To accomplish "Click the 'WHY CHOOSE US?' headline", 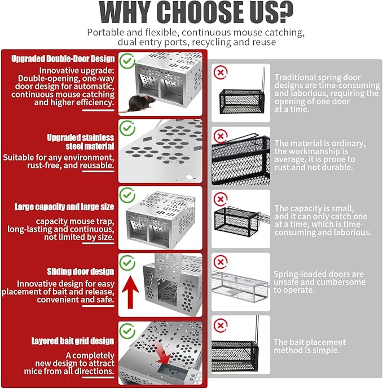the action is [x=196, y=12].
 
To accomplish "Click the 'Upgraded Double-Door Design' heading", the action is [x=63, y=59].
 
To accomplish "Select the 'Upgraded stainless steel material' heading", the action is [x=81, y=142].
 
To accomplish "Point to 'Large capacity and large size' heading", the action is [x=64, y=207].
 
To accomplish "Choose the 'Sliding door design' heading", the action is [x=80, y=271].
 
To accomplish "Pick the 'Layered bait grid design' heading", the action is [x=73, y=341].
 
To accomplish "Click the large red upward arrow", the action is [x=130, y=292].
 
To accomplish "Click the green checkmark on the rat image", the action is [x=127, y=61].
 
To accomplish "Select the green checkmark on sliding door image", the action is [x=127, y=263].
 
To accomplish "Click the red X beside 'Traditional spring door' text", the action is [x=221, y=73].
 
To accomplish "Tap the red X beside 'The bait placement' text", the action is [x=221, y=325].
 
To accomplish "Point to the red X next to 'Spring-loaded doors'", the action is [x=221, y=262].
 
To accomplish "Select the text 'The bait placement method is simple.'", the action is [x=310, y=346].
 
